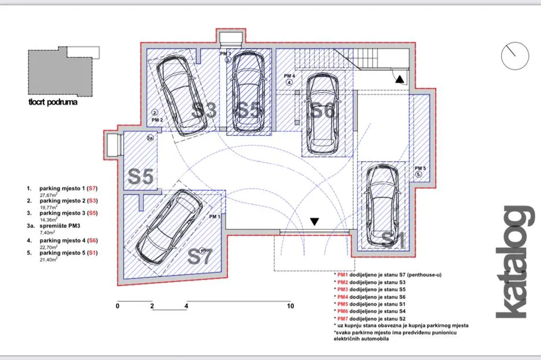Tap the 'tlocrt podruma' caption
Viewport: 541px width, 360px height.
tap(53, 102)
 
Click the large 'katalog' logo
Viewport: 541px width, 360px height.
tap(515, 262)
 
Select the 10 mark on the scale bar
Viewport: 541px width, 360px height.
tap(290, 306)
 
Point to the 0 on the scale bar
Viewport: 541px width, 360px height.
tap(117, 306)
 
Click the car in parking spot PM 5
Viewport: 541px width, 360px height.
tap(382, 205)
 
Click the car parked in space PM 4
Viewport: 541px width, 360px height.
tap(322, 113)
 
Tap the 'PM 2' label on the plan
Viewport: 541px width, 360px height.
tap(157, 120)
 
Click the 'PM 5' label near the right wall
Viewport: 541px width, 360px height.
tap(420, 168)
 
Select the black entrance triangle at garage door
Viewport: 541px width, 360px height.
tap(314, 222)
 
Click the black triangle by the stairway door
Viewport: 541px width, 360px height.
tap(400, 79)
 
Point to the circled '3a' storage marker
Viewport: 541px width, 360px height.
tap(150, 138)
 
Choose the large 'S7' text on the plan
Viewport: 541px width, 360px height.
tap(200, 256)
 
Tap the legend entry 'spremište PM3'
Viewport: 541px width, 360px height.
tap(60, 226)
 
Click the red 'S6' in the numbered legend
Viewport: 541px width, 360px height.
tap(93, 240)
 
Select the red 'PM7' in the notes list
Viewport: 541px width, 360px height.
tap(343, 318)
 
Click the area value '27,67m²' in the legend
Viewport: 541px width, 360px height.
tap(49, 195)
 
